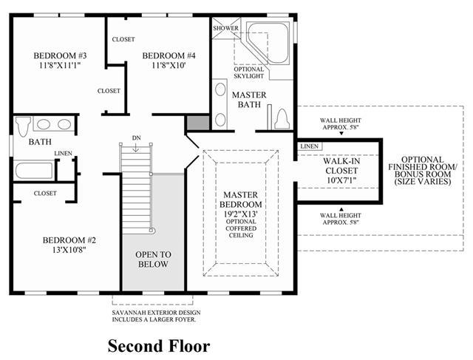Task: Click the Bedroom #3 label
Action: tap(60, 55)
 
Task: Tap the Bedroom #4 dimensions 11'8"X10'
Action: tap(169, 65)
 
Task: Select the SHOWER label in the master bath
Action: tap(225, 28)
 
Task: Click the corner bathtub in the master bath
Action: tap(268, 43)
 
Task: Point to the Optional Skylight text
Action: tap(248, 72)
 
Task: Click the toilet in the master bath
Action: tap(282, 118)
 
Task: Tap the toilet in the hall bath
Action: tap(23, 126)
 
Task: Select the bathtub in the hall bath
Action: tap(34, 171)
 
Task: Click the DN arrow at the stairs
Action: tap(136, 148)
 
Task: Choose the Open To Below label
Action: tap(153, 259)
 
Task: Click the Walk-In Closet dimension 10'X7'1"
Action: tap(341, 180)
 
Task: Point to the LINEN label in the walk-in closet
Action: tap(310, 146)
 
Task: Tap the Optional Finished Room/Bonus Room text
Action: tap(423, 171)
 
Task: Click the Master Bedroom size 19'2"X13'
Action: tap(240, 214)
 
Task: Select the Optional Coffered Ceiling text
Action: tap(241, 228)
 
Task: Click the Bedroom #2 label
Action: tap(69, 240)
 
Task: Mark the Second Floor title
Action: tap(159, 346)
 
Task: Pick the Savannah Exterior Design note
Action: tap(156, 316)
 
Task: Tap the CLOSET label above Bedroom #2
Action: tap(45, 193)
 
